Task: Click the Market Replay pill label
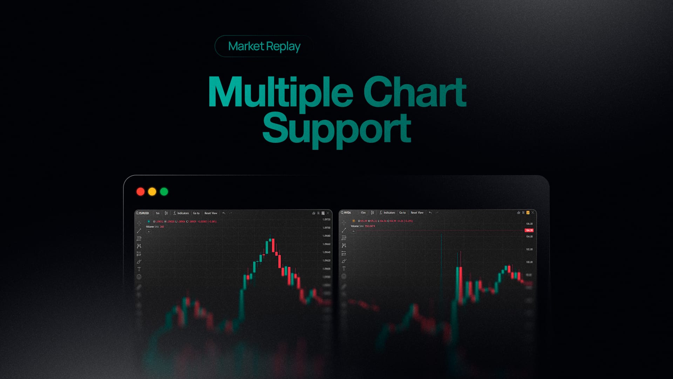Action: [x=264, y=46]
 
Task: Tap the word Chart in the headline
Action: [x=414, y=92]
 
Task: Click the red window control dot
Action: [x=141, y=192]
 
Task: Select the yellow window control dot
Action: [x=152, y=192]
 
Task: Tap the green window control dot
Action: [x=164, y=192]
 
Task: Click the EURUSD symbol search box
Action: [x=143, y=213]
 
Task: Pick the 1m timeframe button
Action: [x=157, y=213]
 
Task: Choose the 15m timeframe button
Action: [x=363, y=213]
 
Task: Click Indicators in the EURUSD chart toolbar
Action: [x=183, y=213]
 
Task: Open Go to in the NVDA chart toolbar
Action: [x=402, y=213]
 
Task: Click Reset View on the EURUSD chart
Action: [x=211, y=213]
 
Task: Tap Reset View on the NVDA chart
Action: [x=417, y=213]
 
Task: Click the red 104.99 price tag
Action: [x=529, y=230]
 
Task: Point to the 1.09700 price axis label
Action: [x=326, y=228]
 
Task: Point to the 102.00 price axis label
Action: [x=529, y=250]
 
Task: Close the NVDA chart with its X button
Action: [x=533, y=213]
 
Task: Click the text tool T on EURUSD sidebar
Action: [x=139, y=269]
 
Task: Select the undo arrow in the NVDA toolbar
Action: [x=430, y=213]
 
